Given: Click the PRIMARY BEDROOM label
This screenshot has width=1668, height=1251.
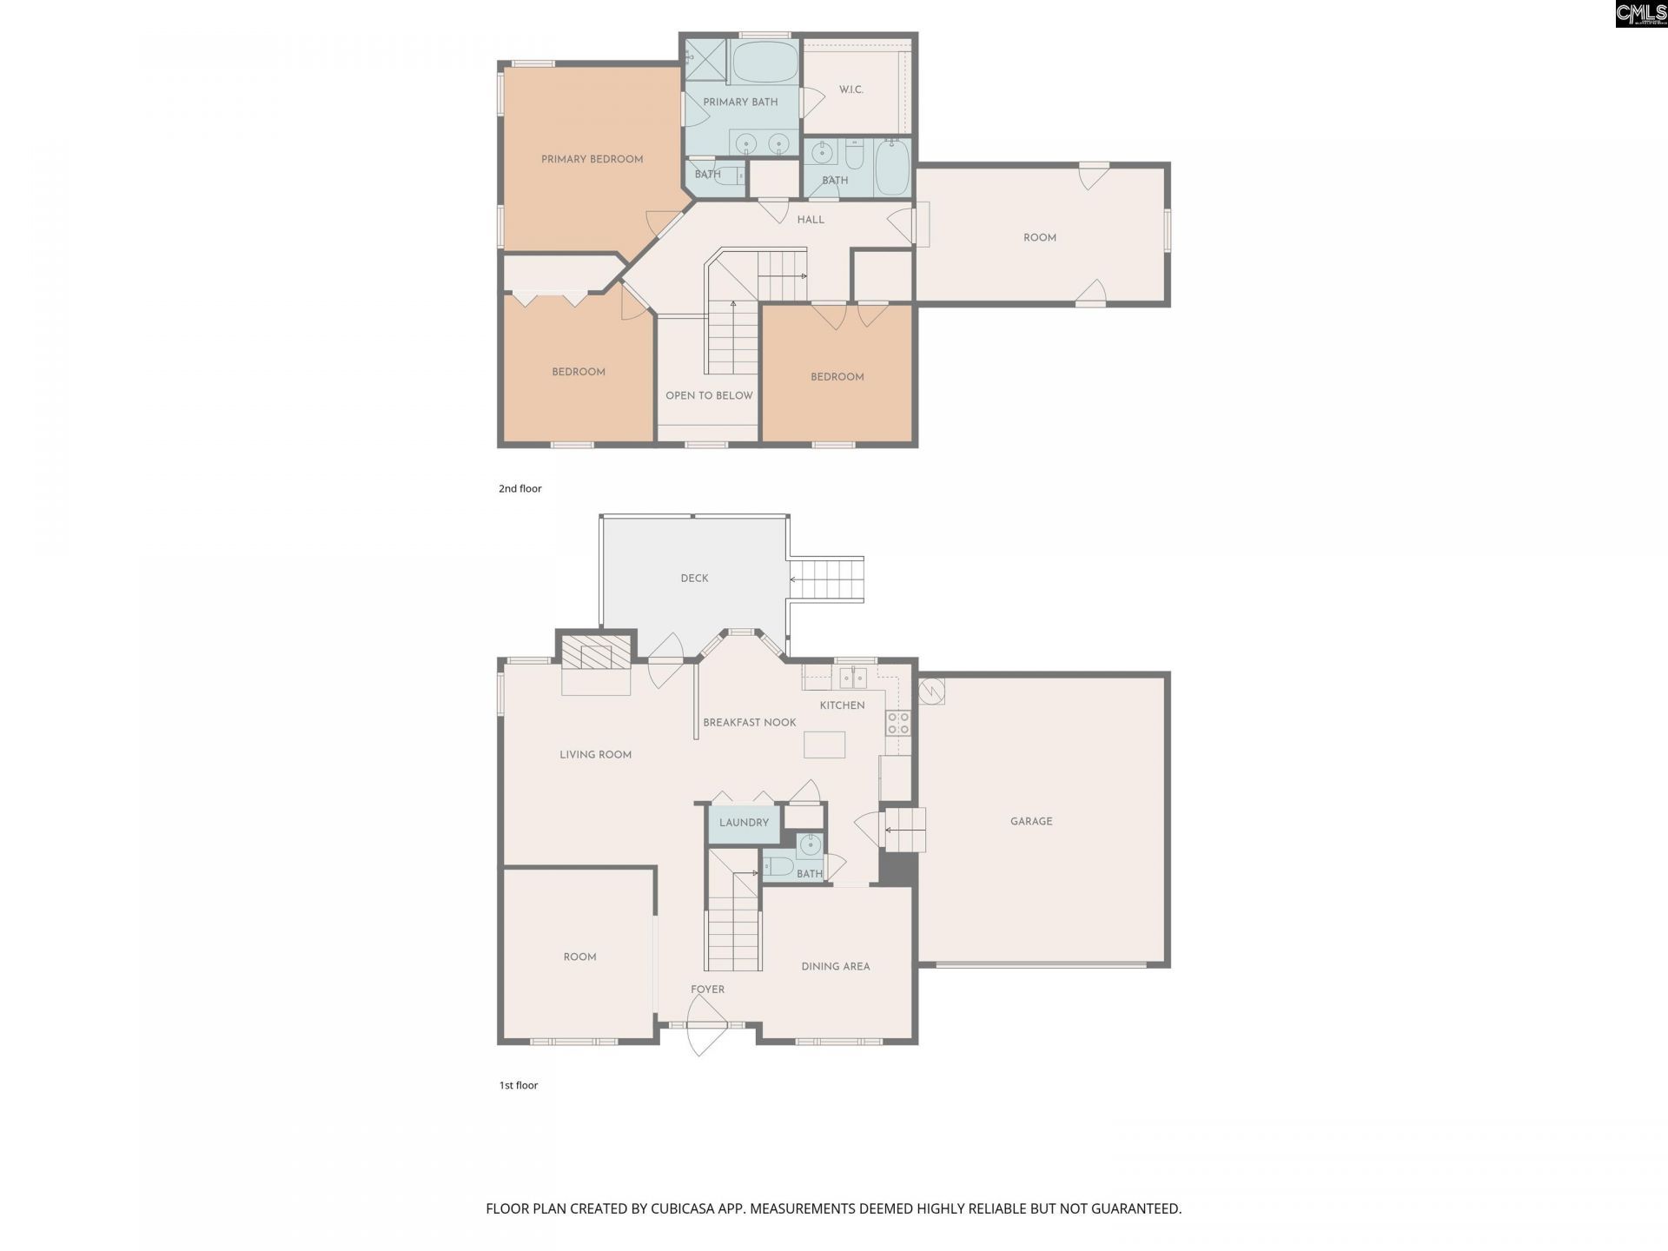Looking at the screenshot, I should click(x=592, y=159).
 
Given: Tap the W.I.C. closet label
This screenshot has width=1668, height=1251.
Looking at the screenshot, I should click(x=851, y=89).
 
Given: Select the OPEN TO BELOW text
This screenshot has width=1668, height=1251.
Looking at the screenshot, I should click(x=709, y=395).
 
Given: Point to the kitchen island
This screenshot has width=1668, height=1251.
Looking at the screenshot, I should click(x=824, y=745).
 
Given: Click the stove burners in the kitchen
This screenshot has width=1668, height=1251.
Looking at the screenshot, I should click(x=897, y=723).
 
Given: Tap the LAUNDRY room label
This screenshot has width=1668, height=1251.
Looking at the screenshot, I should click(x=744, y=822).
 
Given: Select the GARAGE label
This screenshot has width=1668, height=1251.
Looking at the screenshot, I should click(x=1031, y=821).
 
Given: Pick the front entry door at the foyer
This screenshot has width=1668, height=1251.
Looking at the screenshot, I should click(x=705, y=1025).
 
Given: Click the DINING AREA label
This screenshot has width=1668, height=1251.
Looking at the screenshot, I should click(x=835, y=966).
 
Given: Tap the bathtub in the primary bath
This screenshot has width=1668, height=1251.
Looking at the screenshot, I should click(x=764, y=62).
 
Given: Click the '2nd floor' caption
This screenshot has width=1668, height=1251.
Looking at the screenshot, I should click(x=520, y=488).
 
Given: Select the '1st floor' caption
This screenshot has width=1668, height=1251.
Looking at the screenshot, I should click(x=518, y=1085).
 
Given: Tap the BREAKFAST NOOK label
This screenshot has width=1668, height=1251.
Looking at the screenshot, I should click(x=749, y=722).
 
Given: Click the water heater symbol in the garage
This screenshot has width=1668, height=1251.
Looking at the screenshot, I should click(x=931, y=691).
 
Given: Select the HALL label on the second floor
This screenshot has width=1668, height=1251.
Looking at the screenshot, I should click(x=811, y=220).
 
